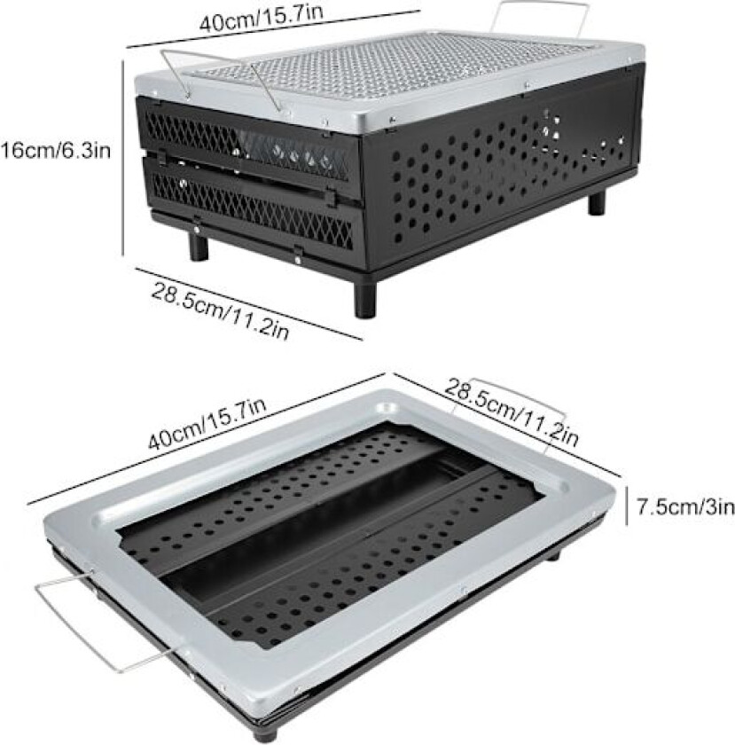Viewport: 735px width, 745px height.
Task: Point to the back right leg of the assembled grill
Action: point(596,199)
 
